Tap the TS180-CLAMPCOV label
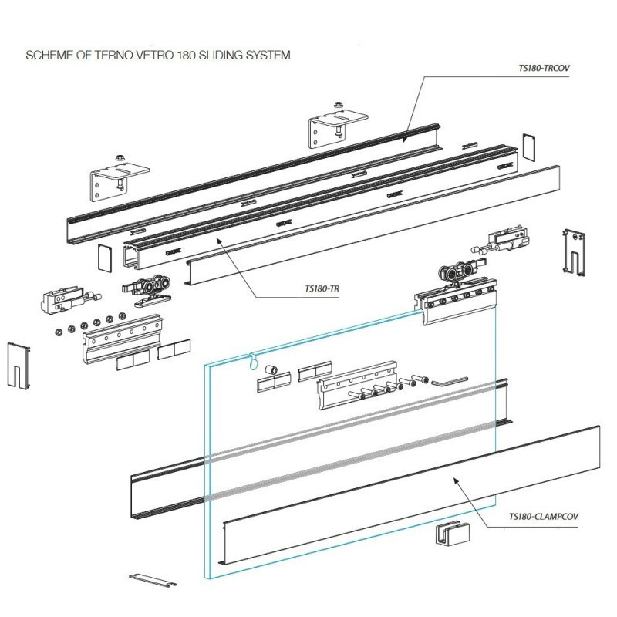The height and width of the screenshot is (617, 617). (544, 516)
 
